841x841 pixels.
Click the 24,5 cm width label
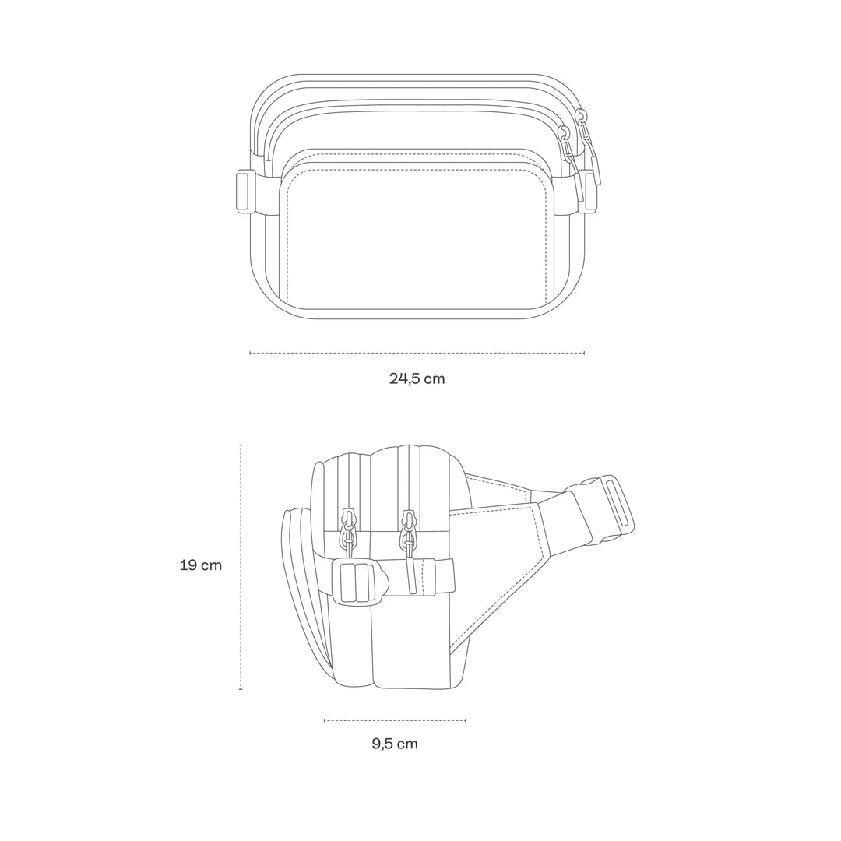[x=417, y=379]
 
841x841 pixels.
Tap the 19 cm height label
[x=201, y=565]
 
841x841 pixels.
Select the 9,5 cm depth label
[x=395, y=744]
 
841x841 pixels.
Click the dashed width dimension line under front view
[x=417, y=353]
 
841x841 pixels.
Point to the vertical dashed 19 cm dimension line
[x=241, y=567]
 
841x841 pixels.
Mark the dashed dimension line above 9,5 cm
[x=395, y=720]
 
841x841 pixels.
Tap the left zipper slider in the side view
[x=349, y=524]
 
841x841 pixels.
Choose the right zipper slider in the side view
[x=407, y=524]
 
